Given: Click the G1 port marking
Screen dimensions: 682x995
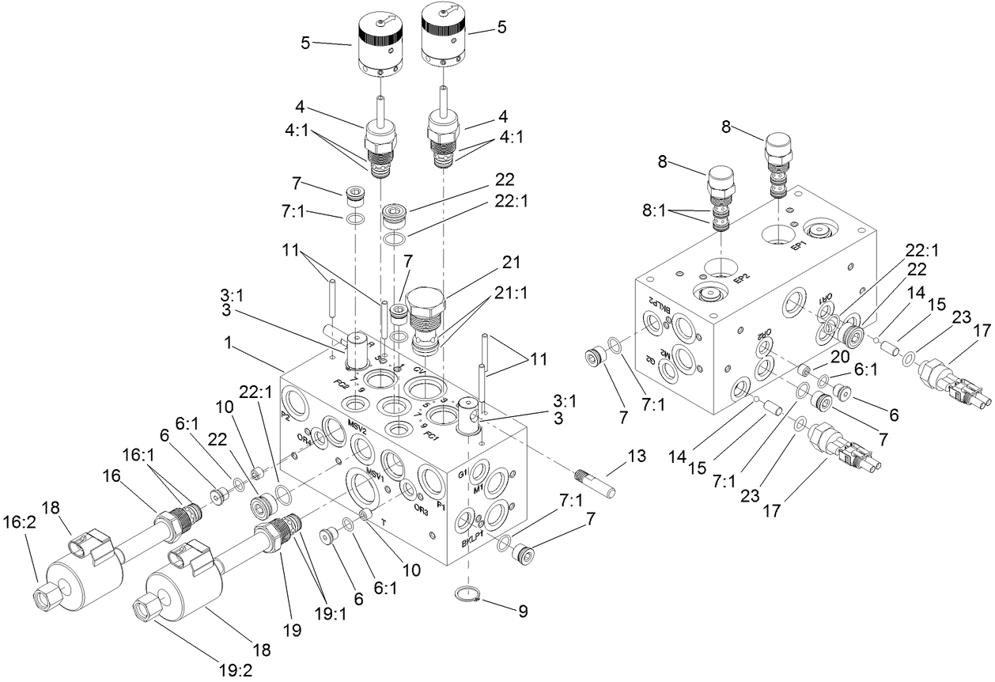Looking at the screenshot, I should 463,475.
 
